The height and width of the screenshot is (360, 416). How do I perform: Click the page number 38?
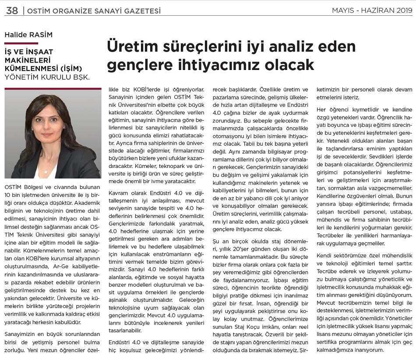click(12, 10)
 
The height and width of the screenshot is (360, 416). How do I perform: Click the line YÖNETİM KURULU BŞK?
click(47, 77)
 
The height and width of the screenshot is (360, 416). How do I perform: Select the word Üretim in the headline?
click(130, 46)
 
